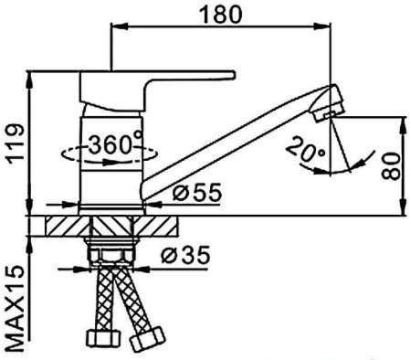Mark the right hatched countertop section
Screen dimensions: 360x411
coord(160,227)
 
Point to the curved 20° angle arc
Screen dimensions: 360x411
coord(354,162)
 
